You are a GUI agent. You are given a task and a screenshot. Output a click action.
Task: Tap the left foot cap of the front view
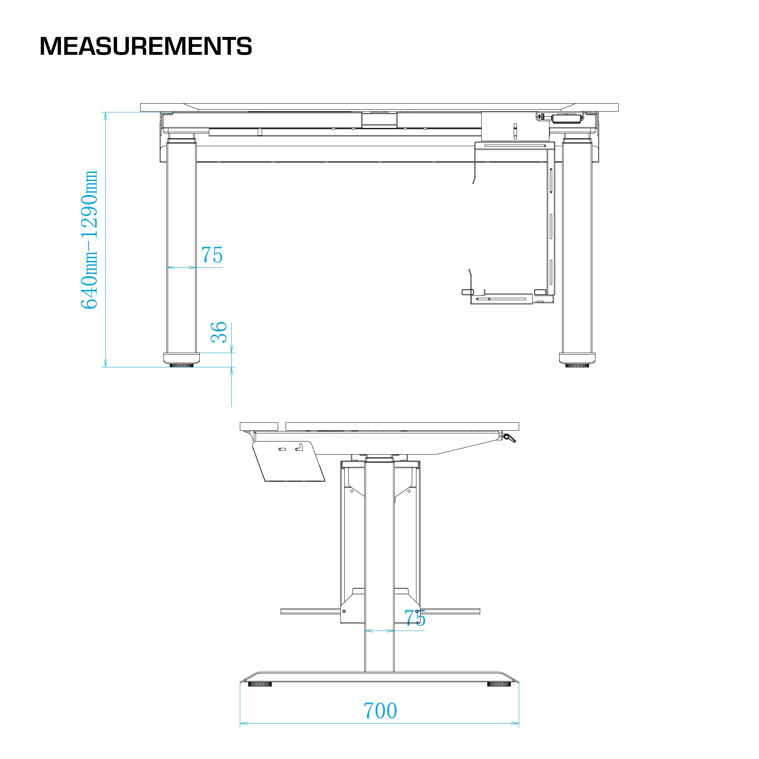[181, 358]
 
